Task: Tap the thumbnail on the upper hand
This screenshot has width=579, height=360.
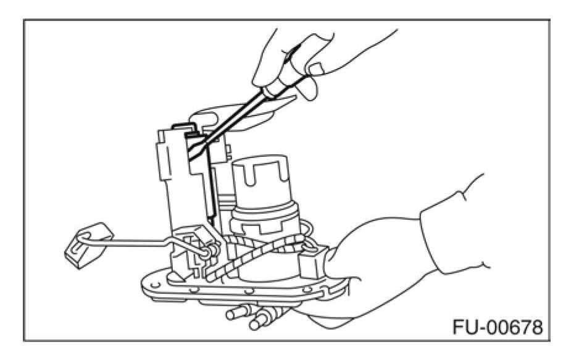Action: tap(316, 66)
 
